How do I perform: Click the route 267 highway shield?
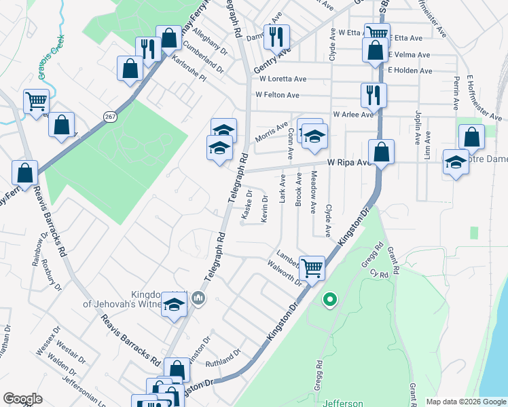click(x=110, y=117)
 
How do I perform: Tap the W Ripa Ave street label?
click(x=350, y=163)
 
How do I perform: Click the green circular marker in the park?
click(x=329, y=298)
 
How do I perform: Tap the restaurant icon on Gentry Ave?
click(x=276, y=37)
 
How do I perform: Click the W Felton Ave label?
click(x=276, y=96)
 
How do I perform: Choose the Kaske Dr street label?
click(x=248, y=204)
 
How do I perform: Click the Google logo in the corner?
click(x=22, y=399)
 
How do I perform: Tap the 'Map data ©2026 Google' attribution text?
click(x=465, y=402)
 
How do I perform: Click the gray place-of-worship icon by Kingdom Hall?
click(x=198, y=298)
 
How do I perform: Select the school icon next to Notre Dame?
click(x=456, y=163)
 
